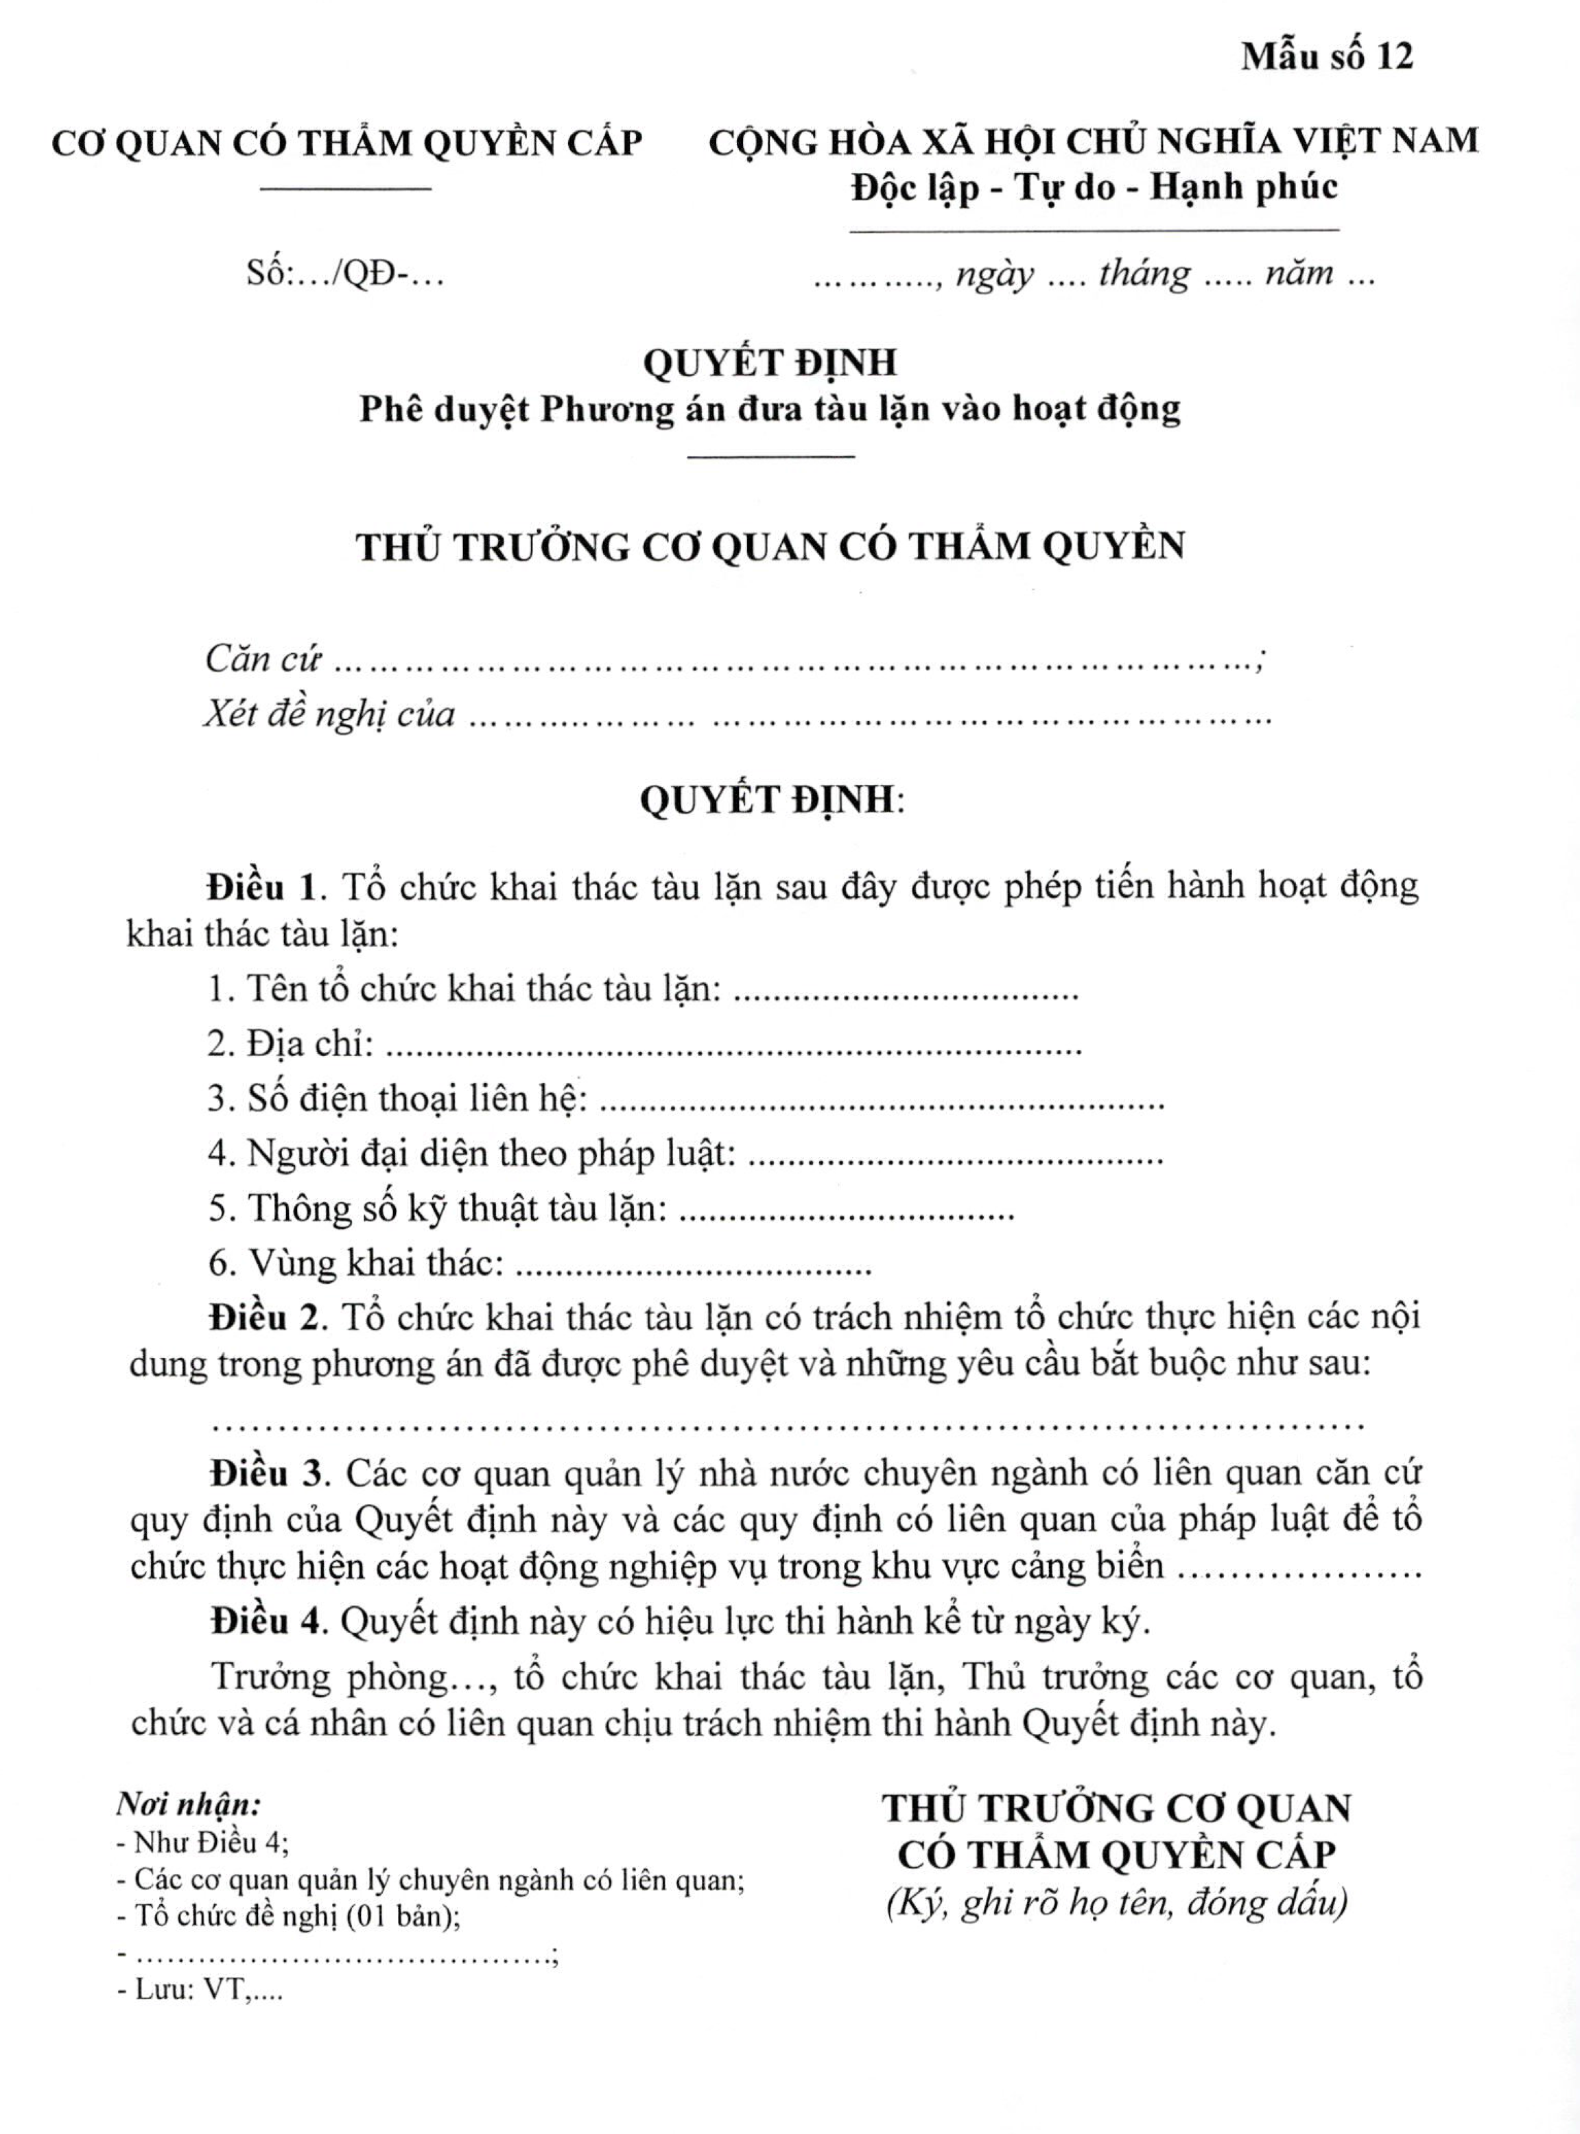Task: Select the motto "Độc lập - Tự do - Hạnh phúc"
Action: [x=1094, y=187]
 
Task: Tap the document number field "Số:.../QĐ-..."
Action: [x=345, y=274]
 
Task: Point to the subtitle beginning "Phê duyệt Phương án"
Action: [x=770, y=410]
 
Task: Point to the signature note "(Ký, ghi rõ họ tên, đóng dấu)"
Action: [x=1117, y=1903]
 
